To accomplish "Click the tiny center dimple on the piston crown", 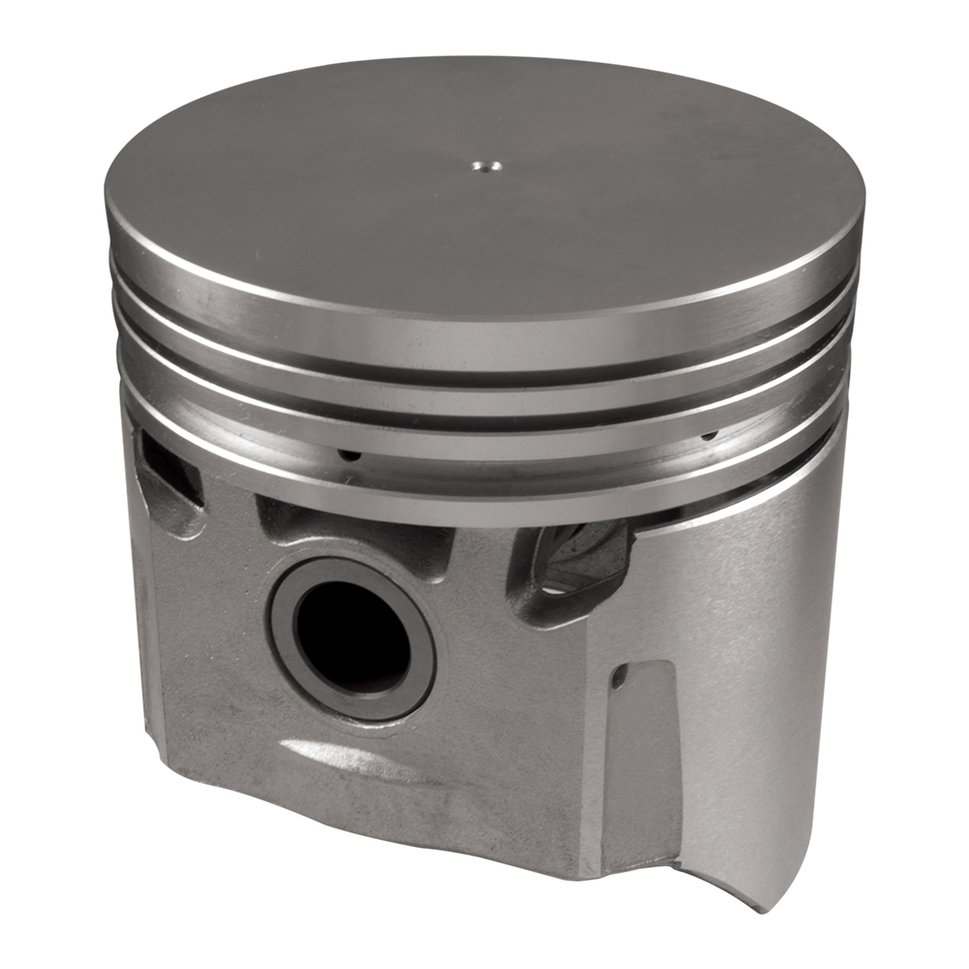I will click(x=482, y=166).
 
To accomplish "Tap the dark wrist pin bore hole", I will click(x=351, y=639).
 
